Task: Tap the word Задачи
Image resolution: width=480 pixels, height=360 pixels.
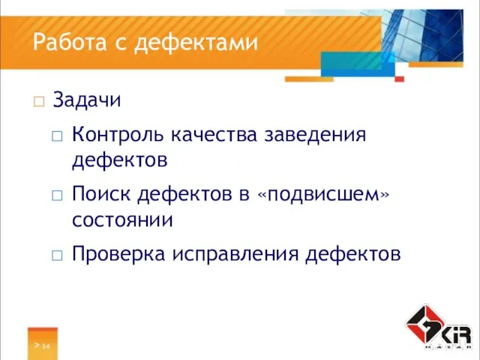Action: pos(88,99)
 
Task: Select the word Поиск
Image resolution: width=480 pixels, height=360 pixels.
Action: pos(99,196)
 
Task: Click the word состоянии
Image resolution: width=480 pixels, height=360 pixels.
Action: pos(123,220)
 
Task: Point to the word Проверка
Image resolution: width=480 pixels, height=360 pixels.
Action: pos(117,254)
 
